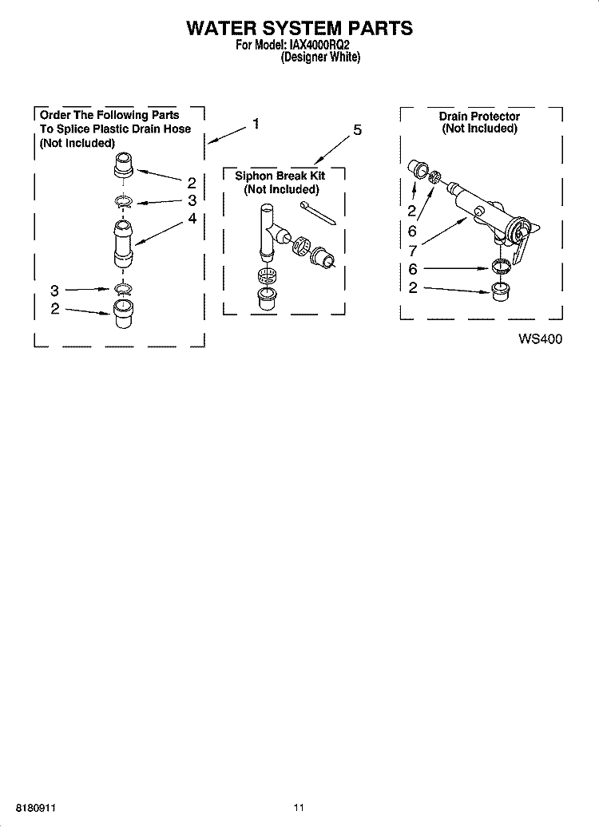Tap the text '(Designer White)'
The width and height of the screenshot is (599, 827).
[x=321, y=57]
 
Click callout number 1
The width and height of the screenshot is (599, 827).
[x=256, y=123]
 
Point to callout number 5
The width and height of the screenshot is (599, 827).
[x=357, y=130]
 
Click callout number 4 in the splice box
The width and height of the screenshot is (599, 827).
[x=192, y=217]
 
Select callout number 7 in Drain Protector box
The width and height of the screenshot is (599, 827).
[x=412, y=251]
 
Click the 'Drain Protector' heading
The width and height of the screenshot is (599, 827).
[x=479, y=117]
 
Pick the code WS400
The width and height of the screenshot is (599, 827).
[x=540, y=338]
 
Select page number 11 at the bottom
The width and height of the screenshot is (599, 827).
[x=298, y=808]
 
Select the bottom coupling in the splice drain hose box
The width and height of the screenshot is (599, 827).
[x=124, y=314]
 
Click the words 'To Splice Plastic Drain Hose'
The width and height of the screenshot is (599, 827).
[x=116, y=129]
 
